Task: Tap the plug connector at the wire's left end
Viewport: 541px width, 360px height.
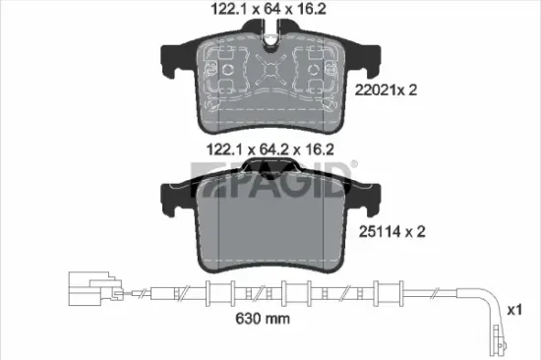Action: [90, 291]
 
